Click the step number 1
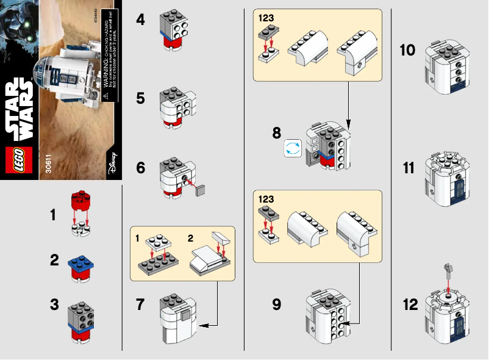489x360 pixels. tap(54, 215)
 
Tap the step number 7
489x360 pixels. tap(141, 304)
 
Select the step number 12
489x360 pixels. tap(411, 304)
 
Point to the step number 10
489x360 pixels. tap(407, 49)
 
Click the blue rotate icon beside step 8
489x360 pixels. tap(292, 149)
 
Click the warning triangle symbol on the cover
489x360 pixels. tap(105, 96)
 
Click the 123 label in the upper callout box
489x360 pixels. tap(266, 18)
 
